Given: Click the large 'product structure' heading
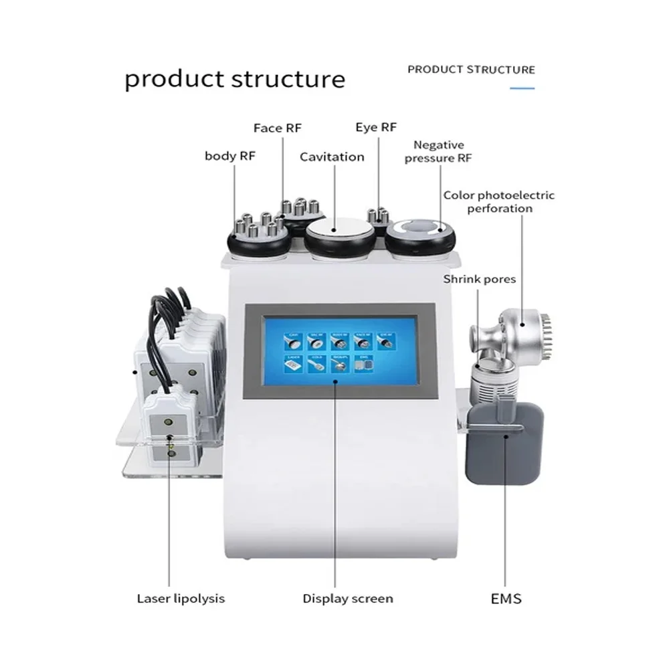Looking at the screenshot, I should coord(235,79).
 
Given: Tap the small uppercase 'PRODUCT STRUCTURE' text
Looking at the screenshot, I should coord(471,70).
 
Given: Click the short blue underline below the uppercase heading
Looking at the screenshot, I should coord(522,88).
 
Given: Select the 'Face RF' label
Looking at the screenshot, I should coord(278,127).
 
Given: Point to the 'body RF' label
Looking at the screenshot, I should coord(230,156).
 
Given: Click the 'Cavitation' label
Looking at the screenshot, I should coord(332,157).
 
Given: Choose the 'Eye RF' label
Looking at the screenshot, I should coord(376,127).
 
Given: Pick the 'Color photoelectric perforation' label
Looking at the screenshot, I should coord(498,201).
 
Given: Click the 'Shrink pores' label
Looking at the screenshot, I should coord(480,278).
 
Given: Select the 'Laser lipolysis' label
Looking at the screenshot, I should coord(181,598).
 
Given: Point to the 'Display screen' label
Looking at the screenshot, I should coord(347,598).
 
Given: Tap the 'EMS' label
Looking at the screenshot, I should coord(506,598).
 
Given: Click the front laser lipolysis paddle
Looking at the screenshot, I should coord(170,428).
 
